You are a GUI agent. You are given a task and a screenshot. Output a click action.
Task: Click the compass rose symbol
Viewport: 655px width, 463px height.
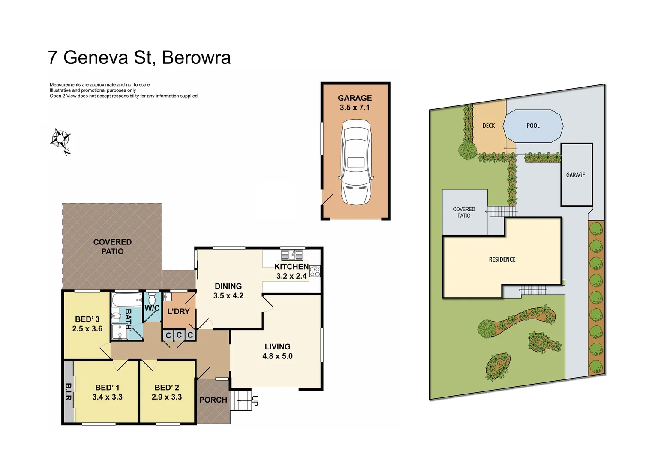pyautogui.click(x=60, y=139)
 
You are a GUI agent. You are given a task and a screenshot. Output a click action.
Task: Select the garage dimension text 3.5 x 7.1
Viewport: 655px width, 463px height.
pyautogui.click(x=355, y=108)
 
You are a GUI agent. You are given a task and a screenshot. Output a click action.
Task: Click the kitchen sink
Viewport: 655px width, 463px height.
pyautogui.click(x=292, y=255)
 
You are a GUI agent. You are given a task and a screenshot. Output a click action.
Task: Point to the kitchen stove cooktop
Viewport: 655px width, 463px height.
pyautogui.click(x=315, y=271)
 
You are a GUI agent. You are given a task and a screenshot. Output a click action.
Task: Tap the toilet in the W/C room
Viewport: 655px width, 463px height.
pyautogui.click(x=152, y=298)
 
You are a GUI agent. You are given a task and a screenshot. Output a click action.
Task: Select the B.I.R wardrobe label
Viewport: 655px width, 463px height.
pyautogui.click(x=68, y=392)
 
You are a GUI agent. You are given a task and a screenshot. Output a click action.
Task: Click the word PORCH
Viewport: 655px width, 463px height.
pyautogui.click(x=213, y=400)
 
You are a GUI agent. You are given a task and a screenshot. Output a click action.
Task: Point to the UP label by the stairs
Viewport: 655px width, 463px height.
pyautogui.click(x=255, y=401)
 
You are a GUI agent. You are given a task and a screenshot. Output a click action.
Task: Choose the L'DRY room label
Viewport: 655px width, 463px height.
pyautogui.click(x=178, y=311)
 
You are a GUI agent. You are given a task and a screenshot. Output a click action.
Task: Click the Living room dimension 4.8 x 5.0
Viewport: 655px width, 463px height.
pyautogui.click(x=277, y=356)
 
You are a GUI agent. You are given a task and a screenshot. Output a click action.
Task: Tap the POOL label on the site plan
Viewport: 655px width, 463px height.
pyautogui.click(x=533, y=126)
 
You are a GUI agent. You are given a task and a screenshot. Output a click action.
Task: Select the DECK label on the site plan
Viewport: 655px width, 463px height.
pyautogui.click(x=488, y=126)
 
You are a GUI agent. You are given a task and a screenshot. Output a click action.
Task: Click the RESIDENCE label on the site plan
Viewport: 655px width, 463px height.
pyautogui.click(x=502, y=259)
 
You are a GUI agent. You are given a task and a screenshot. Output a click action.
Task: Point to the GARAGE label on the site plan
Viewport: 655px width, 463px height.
pyautogui.click(x=575, y=175)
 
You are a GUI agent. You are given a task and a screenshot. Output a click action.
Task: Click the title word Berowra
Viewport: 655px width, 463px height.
pyautogui.click(x=196, y=58)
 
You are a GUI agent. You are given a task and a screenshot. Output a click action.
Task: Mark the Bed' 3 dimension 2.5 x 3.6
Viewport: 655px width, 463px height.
pyautogui.click(x=87, y=329)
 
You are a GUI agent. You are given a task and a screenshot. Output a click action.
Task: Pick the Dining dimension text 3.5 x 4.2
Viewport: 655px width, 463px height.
pyautogui.click(x=228, y=296)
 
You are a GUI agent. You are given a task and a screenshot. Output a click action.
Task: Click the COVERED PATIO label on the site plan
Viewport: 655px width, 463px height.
pyautogui.click(x=464, y=213)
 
